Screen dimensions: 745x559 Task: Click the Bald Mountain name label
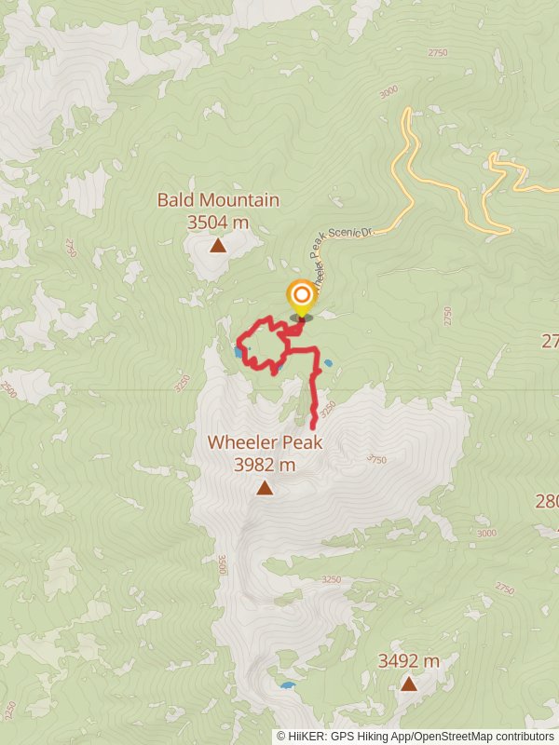[218, 199]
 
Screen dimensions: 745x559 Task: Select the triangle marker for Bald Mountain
[218, 246]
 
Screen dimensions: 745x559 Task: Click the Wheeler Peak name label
[265, 441]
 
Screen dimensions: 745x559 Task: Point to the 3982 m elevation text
[265, 464]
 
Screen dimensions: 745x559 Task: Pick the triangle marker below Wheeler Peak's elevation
[265, 488]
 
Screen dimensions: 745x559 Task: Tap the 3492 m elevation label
[408, 660]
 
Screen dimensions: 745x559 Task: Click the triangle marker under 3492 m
[408, 684]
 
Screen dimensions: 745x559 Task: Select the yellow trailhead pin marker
[301, 298]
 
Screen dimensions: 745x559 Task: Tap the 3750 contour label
[376, 458]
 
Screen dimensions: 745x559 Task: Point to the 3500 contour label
[222, 564]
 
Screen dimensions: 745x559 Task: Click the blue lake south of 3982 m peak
[288, 686]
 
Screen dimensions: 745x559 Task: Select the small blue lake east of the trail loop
[328, 363]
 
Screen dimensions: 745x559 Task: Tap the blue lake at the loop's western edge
[239, 353]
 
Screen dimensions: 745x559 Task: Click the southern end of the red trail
[312, 427]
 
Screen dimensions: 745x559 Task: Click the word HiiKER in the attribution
[306, 736]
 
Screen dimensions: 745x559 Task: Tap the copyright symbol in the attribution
[281, 736]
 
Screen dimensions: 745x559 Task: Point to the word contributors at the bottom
[522, 736]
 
